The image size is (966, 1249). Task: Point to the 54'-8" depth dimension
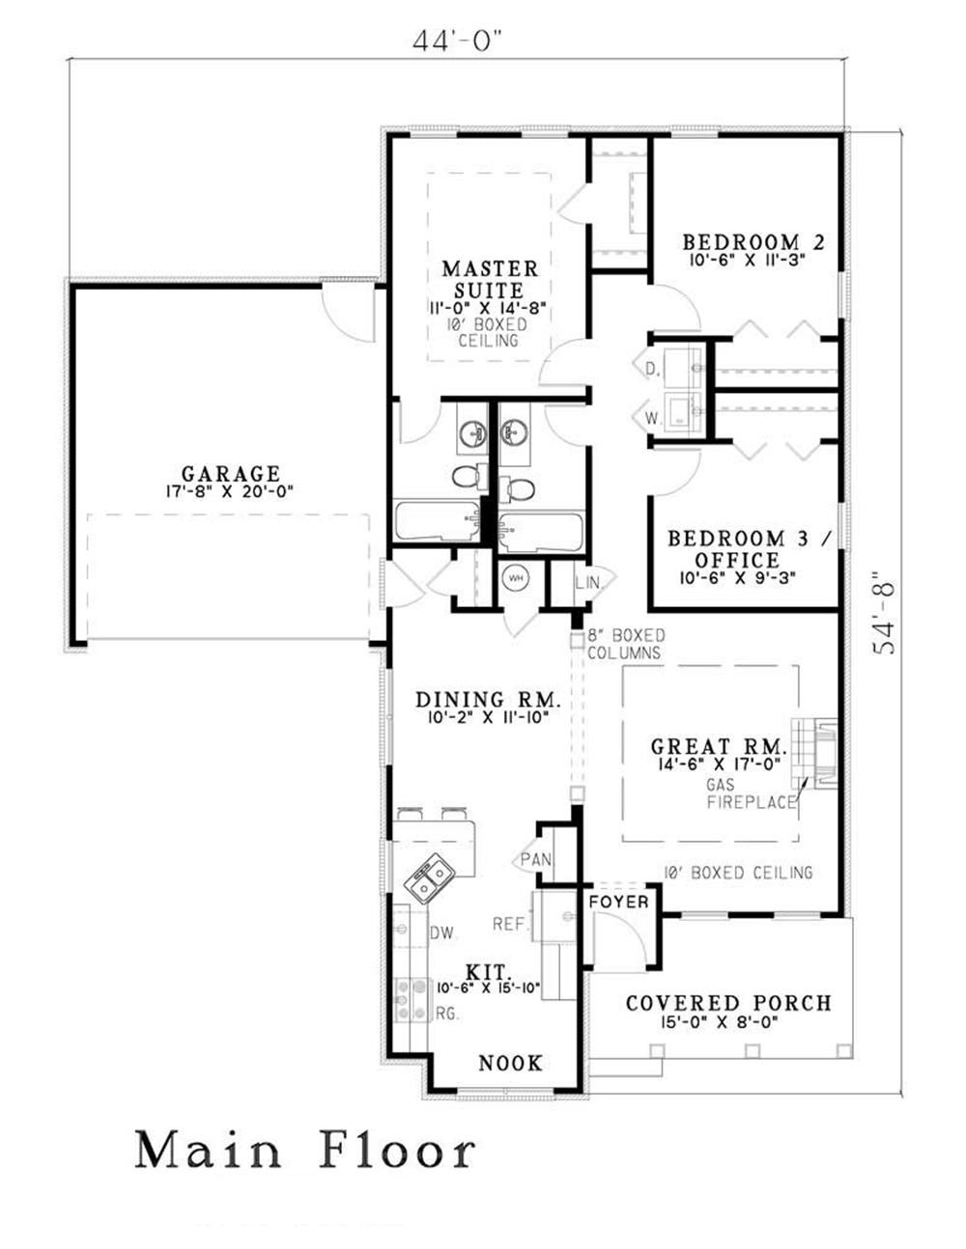tap(884, 613)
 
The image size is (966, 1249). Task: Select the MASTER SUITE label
tap(490, 279)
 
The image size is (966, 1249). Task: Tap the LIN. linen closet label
tap(587, 583)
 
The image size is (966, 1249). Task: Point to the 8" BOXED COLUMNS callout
tap(626, 644)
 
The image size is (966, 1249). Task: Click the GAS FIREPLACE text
tap(751, 793)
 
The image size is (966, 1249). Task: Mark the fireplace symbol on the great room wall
tap(814, 753)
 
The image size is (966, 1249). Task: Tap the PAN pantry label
tap(536, 859)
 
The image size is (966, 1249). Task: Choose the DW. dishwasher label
tap(441, 932)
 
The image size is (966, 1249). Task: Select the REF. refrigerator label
tap(509, 924)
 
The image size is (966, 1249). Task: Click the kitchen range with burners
tap(412, 1000)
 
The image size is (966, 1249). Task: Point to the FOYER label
tap(618, 902)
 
